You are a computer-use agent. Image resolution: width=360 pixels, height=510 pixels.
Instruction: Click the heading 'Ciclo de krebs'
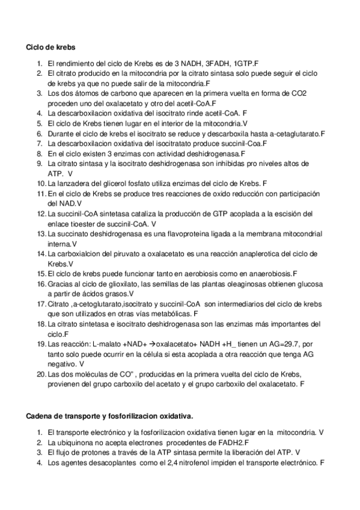coord(50,47)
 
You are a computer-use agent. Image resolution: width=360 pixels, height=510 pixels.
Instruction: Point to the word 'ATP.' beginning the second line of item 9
coord(55,173)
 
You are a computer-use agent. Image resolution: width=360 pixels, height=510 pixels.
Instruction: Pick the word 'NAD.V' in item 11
coord(60,203)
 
